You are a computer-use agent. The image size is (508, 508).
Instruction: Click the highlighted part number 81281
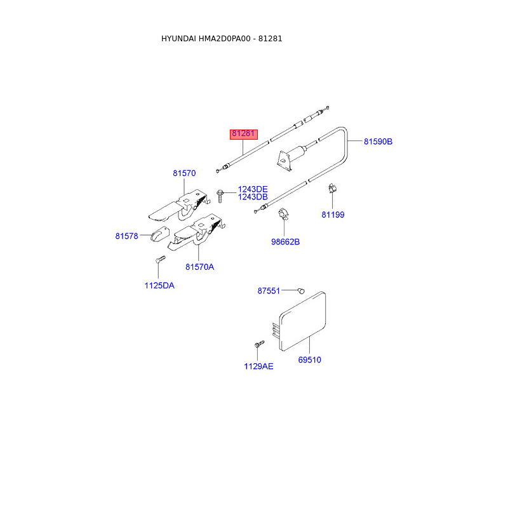coord(243,134)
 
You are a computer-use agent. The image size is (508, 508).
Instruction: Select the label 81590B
coord(378,142)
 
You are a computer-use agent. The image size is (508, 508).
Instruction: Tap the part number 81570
coord(184,173)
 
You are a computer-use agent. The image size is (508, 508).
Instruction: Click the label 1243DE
coord(253,189)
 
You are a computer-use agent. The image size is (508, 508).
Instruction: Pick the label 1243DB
coord(253,197)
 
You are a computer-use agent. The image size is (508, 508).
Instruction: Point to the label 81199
coord(333,215)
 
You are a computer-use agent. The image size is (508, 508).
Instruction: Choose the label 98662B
coord(285,242)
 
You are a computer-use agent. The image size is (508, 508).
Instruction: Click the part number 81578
coord(127,236)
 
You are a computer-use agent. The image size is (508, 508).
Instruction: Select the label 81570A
coord(199,267)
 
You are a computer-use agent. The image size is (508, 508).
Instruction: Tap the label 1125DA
coord(159,286)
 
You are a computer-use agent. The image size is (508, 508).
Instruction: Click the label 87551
coord(269,291)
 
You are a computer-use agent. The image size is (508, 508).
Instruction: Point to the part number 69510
coord(310,360)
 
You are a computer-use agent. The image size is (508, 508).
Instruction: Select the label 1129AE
coord(258,366)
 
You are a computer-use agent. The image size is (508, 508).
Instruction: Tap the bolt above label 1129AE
coord(258,344)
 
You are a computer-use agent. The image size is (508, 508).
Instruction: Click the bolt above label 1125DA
coord(159,260)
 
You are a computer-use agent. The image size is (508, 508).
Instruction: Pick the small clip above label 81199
coord(331,189)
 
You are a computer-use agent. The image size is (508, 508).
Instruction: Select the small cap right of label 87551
coord(300,290)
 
